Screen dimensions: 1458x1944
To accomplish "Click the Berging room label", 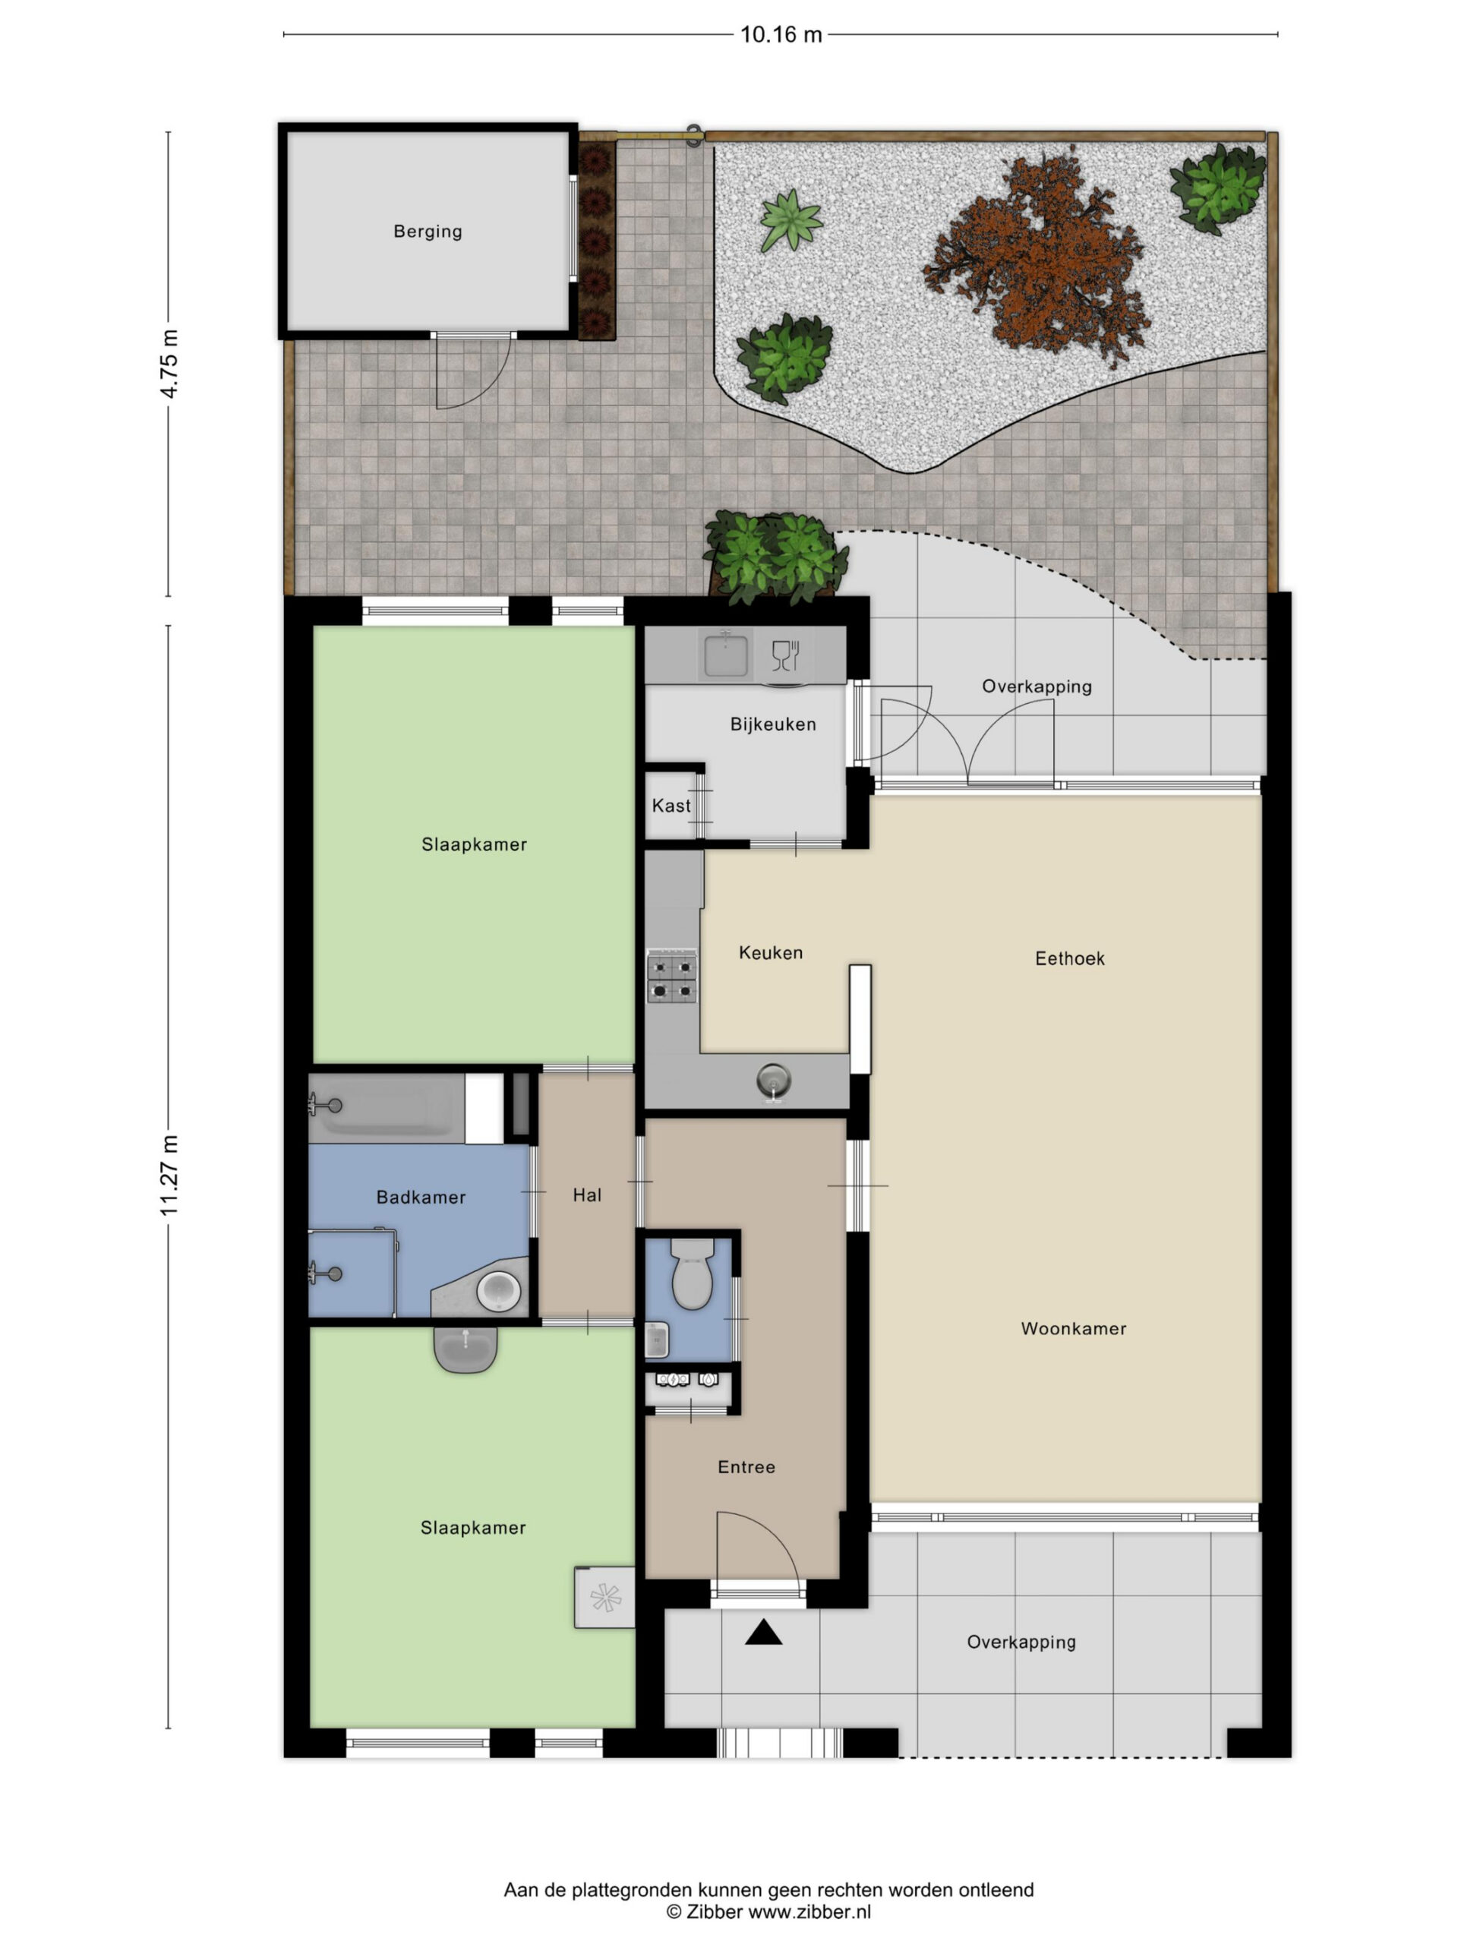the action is [427, 231].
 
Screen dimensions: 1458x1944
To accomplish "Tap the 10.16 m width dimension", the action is [781, 34].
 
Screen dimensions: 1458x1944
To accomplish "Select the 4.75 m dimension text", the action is [169, 364].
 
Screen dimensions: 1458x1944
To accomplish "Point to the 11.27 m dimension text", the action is [169, 1176].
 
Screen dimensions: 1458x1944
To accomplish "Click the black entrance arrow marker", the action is [763, 1632].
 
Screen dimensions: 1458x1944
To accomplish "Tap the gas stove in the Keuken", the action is [671, 976].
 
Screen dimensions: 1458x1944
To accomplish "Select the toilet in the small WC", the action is [692, 1273].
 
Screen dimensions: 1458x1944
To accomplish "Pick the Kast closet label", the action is [671, 806].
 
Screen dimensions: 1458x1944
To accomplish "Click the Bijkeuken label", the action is [773, 724].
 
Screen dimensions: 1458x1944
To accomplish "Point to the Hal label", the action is [587, 1194].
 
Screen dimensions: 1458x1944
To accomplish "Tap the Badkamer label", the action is [421, 1197].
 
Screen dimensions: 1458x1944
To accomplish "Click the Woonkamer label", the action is [1073, 1329].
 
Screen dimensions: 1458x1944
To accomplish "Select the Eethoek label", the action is [1069, 959].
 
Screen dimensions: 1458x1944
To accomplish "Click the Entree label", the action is [746, 1467].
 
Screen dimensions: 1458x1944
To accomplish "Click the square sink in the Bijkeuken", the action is [725, 655].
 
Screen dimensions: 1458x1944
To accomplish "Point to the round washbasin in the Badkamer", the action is [498, 1291].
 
